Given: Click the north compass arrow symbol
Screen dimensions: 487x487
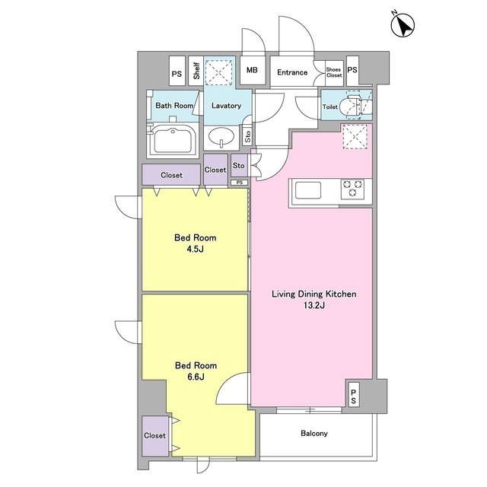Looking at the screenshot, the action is point(403,25).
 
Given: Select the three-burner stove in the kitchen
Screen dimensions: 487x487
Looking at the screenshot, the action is point(352,189).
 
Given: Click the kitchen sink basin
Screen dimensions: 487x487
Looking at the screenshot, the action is point(307,190).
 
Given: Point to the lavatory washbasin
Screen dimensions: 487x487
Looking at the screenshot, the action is point(221,137).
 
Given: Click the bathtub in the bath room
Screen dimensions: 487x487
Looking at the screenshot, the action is point(173,141).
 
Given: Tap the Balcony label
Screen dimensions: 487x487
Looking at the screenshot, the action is point(314,433).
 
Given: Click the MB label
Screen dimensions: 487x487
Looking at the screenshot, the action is point(252,70).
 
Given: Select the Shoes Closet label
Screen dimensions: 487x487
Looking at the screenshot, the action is point(334,72).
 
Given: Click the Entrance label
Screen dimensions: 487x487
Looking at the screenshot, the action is point(292,72).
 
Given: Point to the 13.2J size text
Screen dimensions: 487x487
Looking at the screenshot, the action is point(314,305).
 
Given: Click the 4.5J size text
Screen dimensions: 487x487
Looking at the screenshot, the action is point(195,249).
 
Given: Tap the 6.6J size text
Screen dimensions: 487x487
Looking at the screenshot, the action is point(196,377).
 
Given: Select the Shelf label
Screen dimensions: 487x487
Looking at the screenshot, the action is point(196,71).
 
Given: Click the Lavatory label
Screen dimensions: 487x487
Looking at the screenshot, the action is point(226,106).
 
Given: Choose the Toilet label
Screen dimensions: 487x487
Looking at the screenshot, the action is point(329,107).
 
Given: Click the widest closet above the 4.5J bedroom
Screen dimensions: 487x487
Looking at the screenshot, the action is point(171,175).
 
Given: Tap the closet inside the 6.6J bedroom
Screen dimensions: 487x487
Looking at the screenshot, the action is point(155,436).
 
